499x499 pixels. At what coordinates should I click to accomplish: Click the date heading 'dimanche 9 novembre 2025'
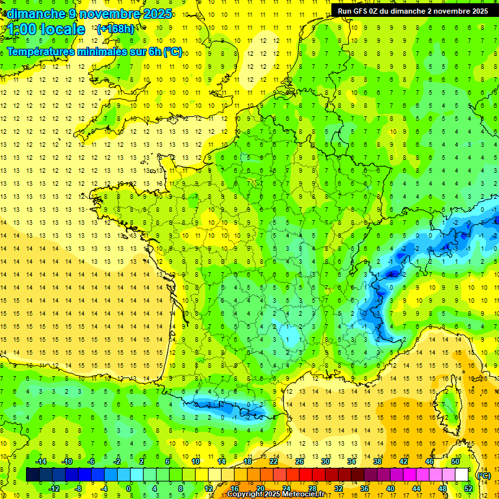[x=89, y=14]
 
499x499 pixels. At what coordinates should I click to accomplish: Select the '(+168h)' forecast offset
[x=116, y=29]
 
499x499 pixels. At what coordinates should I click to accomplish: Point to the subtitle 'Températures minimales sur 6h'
[x=94, y=52]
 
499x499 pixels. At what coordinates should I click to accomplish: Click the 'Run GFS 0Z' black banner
[x=414, y=10]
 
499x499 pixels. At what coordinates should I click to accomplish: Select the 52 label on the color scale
[x=468, y=489]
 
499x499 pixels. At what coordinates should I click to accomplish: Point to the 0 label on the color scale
[x=129, y=489]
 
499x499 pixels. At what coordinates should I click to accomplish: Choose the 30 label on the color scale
[x=325, y=461]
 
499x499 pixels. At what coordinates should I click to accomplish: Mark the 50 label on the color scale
[x=455, y=461]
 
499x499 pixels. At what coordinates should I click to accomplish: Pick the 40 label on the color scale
[x=390, y=489]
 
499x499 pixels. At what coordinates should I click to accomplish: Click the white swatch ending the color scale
[x=462, y=475]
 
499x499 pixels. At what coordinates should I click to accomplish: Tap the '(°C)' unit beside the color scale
[x=484, y=476]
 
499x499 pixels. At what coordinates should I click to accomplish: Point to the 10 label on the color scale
[x=195, y=461]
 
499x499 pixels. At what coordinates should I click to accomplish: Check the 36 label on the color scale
[x=365, y=489]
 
